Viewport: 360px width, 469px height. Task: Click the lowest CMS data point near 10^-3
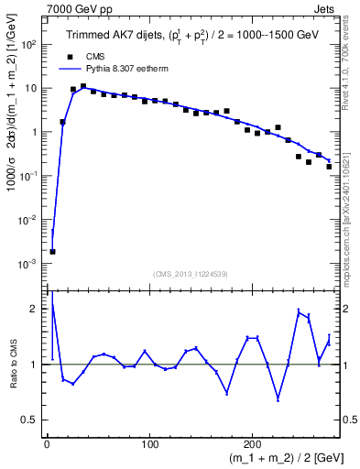tap(52, 251)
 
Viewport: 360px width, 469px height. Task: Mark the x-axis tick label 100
tap(149, 446)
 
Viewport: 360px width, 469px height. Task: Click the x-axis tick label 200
tap(252, 446)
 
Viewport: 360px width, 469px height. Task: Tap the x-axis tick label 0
tap(47, 446)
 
